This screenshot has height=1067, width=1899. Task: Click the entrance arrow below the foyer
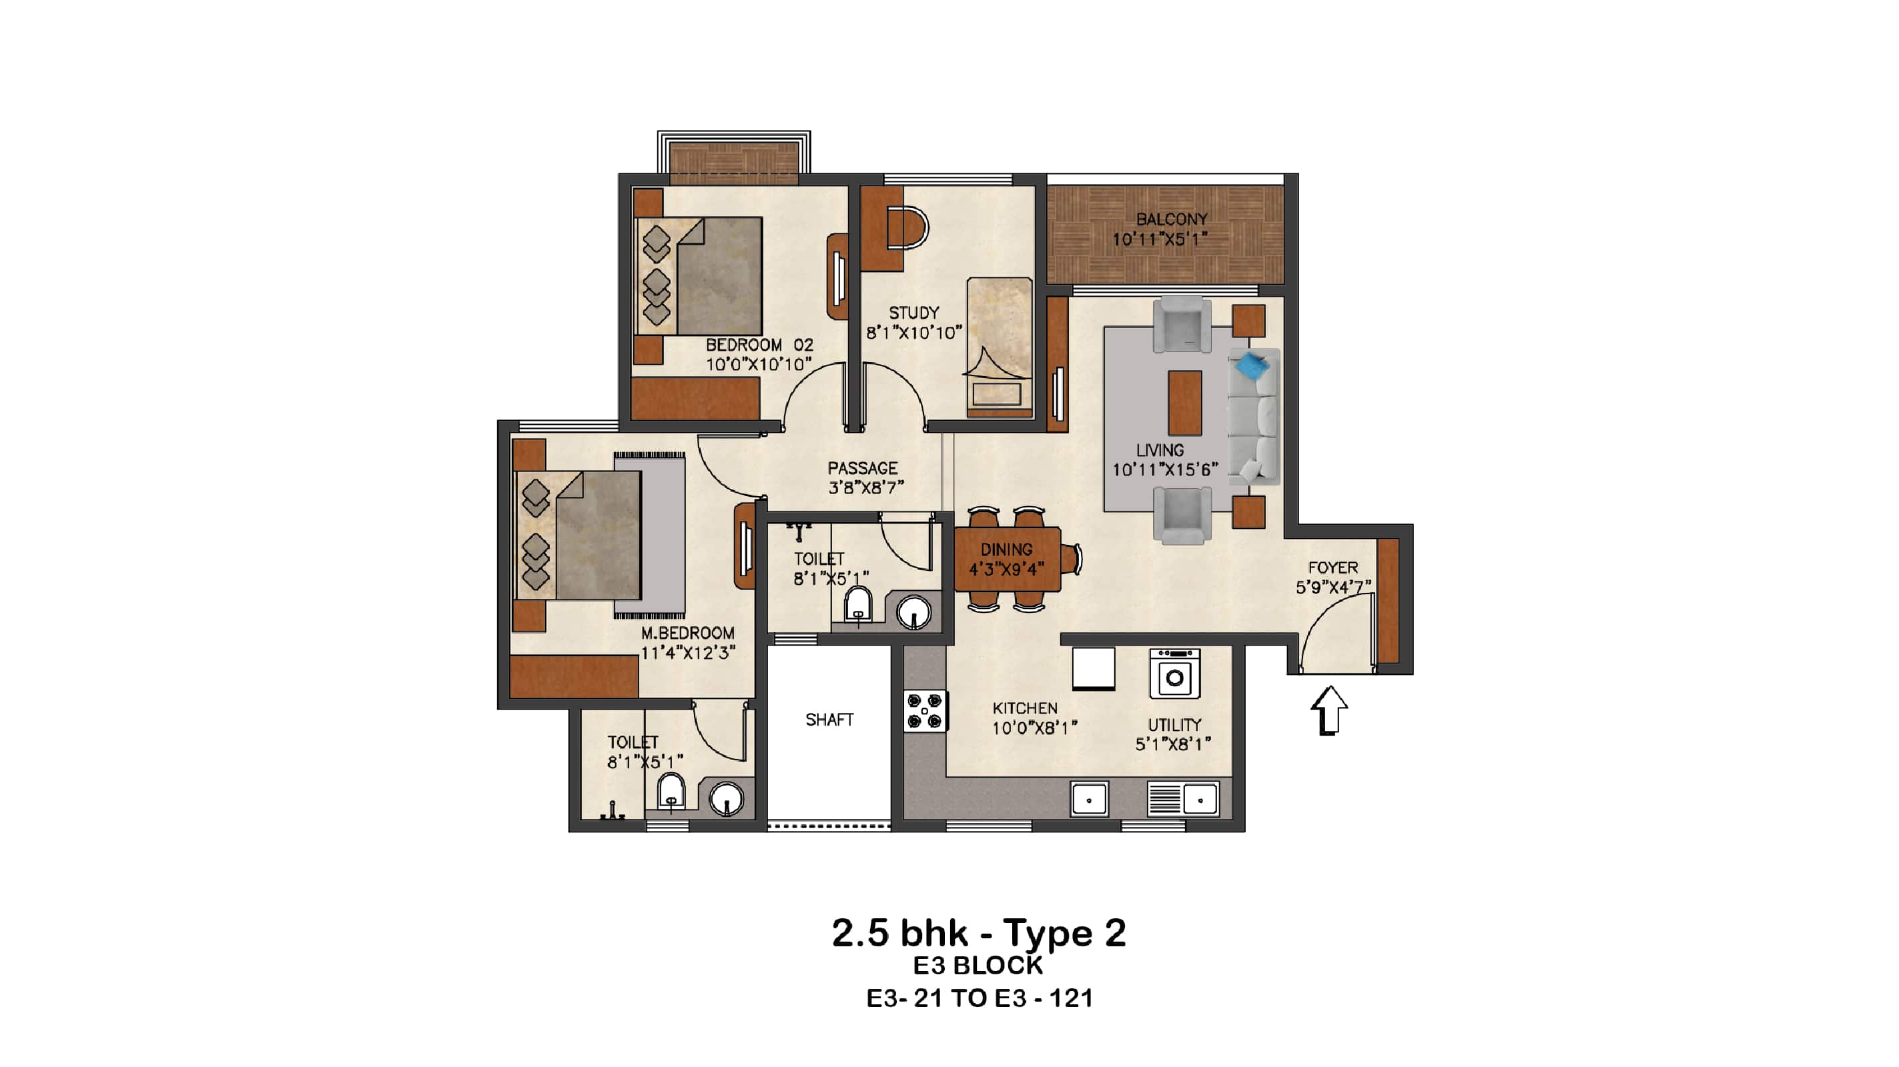1329,710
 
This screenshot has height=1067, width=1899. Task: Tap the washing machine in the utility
1175,674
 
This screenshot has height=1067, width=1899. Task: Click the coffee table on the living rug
1184,403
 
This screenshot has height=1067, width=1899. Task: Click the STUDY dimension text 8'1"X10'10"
914,333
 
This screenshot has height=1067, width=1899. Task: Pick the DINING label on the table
1006,550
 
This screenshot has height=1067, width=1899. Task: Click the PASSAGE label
863,469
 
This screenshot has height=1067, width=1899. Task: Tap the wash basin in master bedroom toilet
726,799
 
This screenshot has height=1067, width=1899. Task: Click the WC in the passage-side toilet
857,606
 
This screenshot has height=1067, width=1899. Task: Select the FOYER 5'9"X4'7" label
1333,578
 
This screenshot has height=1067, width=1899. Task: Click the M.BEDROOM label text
687,633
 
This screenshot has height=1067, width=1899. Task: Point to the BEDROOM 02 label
759,345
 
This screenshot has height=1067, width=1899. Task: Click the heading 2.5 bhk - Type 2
978,933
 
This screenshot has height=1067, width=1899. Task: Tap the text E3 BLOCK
978,966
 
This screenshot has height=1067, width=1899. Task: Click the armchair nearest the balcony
1182,324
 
